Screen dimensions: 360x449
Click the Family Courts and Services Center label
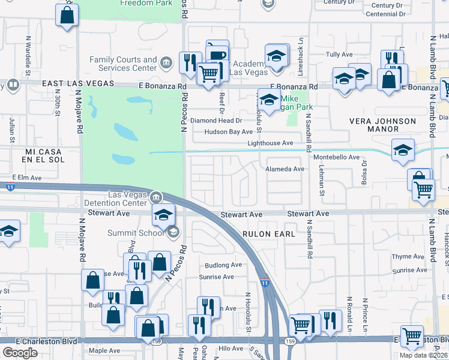(x=123, y=64)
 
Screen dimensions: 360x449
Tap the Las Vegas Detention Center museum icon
(x=155, y=197)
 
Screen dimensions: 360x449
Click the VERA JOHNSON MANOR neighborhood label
(x=383, y=125)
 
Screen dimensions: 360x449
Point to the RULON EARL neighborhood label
(x=268, y=234)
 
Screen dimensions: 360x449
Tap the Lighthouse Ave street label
(x=270, y=143)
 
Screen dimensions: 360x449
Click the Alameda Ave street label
(x=285, y=169)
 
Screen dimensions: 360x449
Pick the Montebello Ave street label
(x=336, y=157)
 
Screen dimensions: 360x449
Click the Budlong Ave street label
(x=223, y=265)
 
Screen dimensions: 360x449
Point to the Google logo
(x=20, y=353)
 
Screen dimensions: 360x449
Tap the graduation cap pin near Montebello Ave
(x=403, y=150)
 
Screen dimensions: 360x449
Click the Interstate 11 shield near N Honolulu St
(x=265, y=282)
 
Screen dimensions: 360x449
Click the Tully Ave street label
(x=339, y=54)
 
